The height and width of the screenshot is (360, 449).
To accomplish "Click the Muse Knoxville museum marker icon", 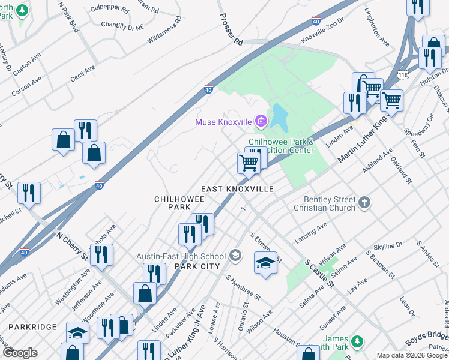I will (x=261, y=122).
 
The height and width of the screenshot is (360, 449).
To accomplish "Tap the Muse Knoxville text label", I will (x=223, y=122).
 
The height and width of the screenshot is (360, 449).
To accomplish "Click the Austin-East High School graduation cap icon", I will (x=235, y=256).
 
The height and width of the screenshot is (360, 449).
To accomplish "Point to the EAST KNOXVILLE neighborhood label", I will (x=237, y=189).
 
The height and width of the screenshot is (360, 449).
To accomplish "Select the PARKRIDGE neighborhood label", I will (x=32, y=327).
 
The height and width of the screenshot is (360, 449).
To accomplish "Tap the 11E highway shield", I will (x=403, y=74).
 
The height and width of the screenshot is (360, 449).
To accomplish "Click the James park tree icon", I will (x=357, y=341).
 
